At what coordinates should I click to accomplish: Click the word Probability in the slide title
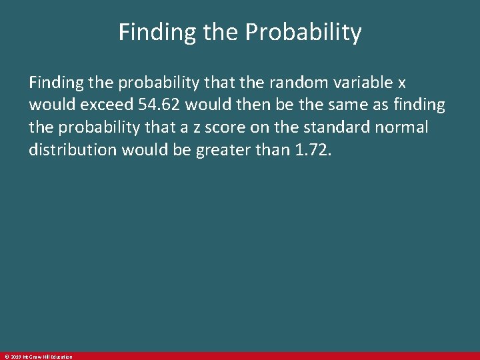click(305, 33)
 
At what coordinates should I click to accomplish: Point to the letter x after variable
click(401, 83)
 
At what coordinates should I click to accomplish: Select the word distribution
click(73, 151)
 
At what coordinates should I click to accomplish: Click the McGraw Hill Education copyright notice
click(37, 357)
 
